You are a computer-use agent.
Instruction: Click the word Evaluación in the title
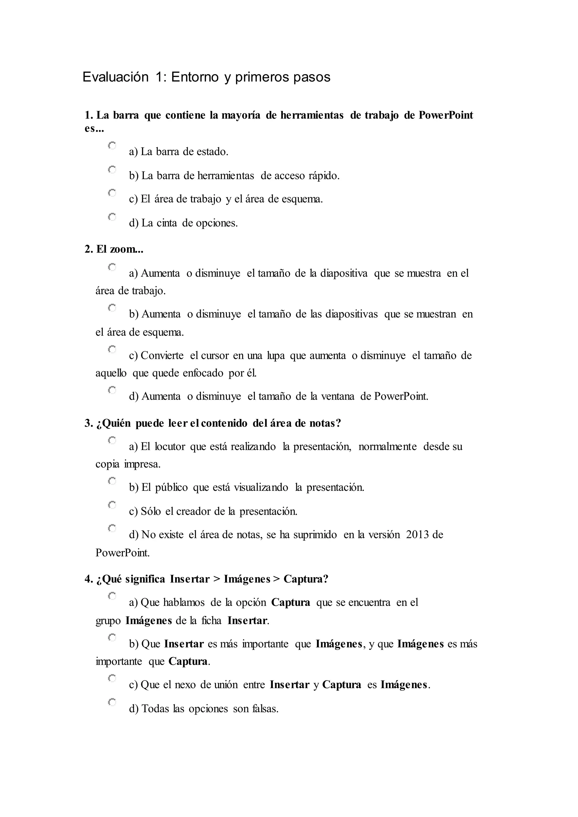point(115,77)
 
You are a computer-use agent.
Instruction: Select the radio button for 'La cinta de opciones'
point(112,217)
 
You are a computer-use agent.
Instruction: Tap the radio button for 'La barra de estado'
point(112,146)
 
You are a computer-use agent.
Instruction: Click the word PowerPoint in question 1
point(446,115)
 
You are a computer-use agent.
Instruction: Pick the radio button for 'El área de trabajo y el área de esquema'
point(112,193)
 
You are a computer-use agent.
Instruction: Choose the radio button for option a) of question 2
point(112,267)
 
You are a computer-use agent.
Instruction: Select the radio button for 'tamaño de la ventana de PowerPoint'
point(112,390)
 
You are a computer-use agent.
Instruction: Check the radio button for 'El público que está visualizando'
point(112,481)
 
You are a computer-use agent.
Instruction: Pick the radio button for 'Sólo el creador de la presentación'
point(112,505)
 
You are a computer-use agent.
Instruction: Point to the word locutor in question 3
point(170,447)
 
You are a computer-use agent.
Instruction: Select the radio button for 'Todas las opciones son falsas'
point(112,702)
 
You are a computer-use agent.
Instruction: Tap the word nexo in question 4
point(185,685)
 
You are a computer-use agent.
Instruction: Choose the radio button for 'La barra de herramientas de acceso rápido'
point(112,169)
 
